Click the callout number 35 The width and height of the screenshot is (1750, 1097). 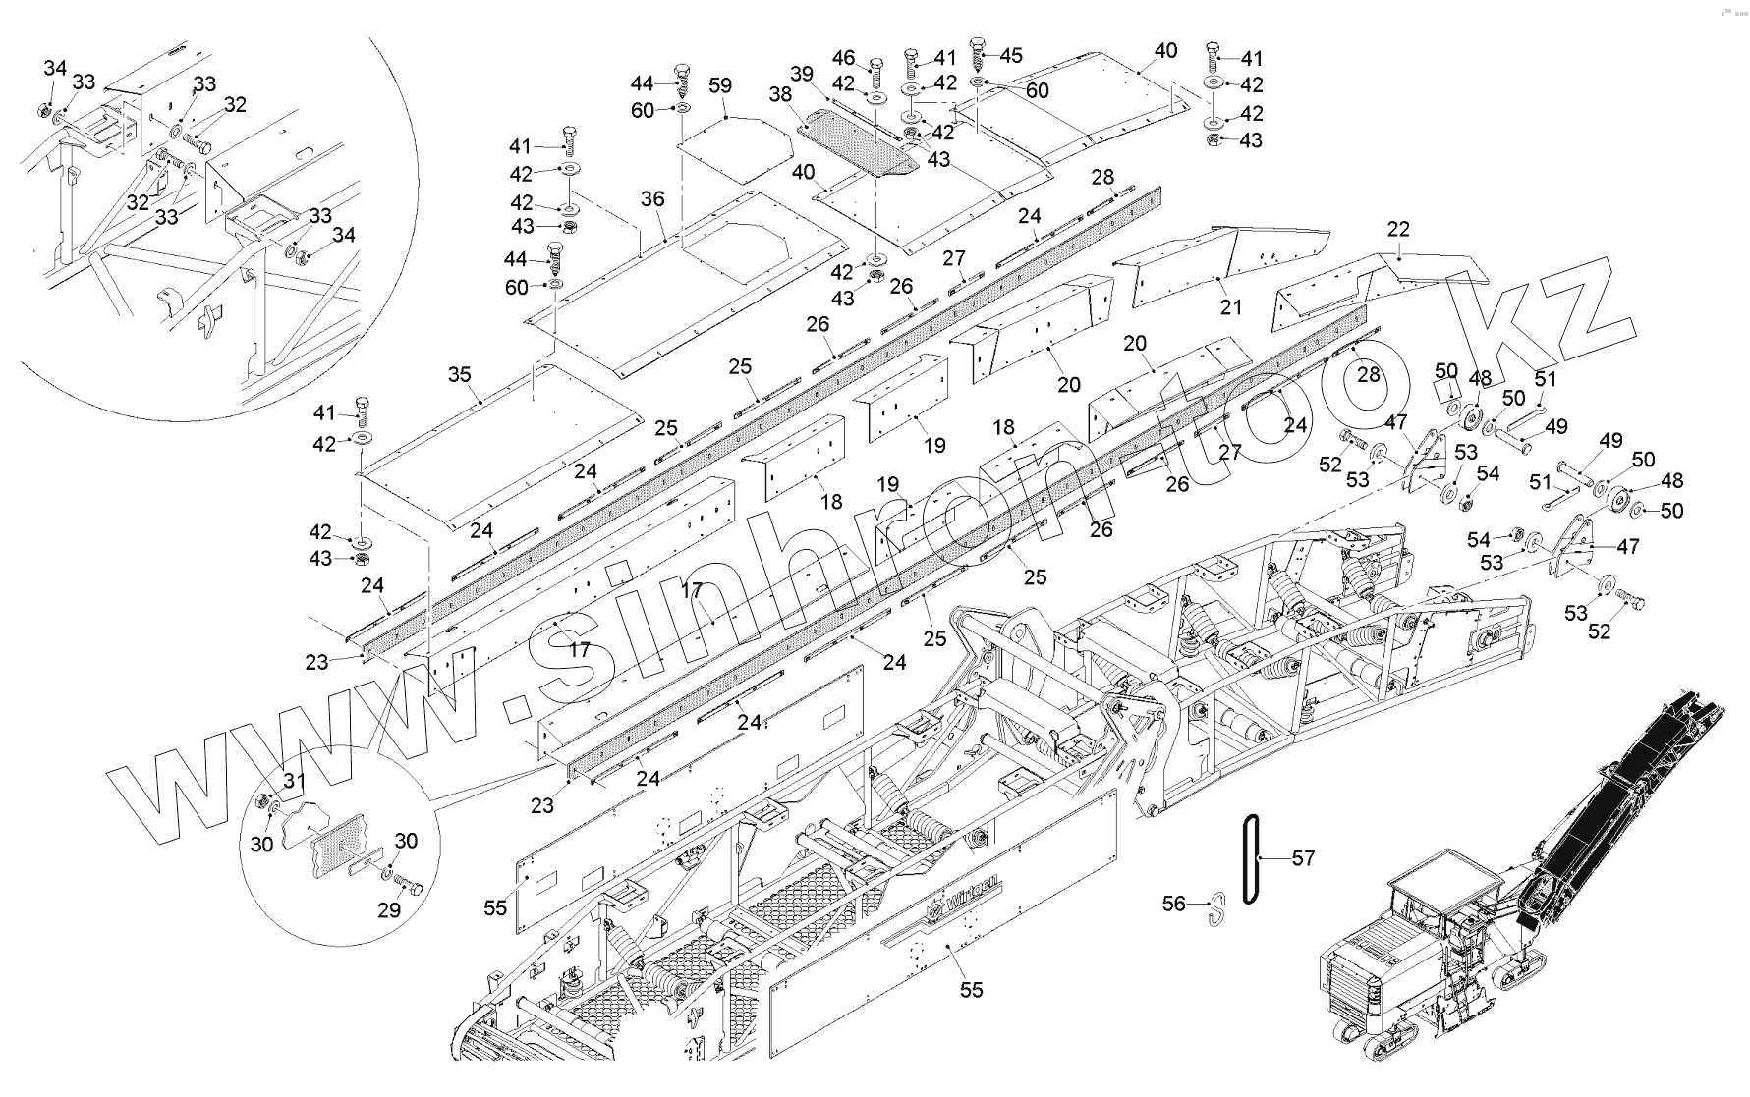pos(459,375)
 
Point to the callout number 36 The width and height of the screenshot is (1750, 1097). pos(652,199)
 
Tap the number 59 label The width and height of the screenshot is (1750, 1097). pos(720,86)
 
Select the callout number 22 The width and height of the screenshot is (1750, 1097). pos(1398,229)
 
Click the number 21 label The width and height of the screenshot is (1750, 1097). pos(1231,307)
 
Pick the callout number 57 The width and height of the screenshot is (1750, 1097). pos(1303,859)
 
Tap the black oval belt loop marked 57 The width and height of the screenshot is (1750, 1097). pos(1251,858)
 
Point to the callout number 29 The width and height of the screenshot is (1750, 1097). pos(389,910)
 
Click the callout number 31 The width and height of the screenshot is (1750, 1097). pos(295,781)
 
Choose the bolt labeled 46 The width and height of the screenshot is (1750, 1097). pos(875,73)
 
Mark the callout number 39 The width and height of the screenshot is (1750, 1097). pos(802,75)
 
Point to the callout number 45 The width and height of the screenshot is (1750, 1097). pos(1011,56)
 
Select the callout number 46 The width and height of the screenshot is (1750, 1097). pos(843,58)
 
